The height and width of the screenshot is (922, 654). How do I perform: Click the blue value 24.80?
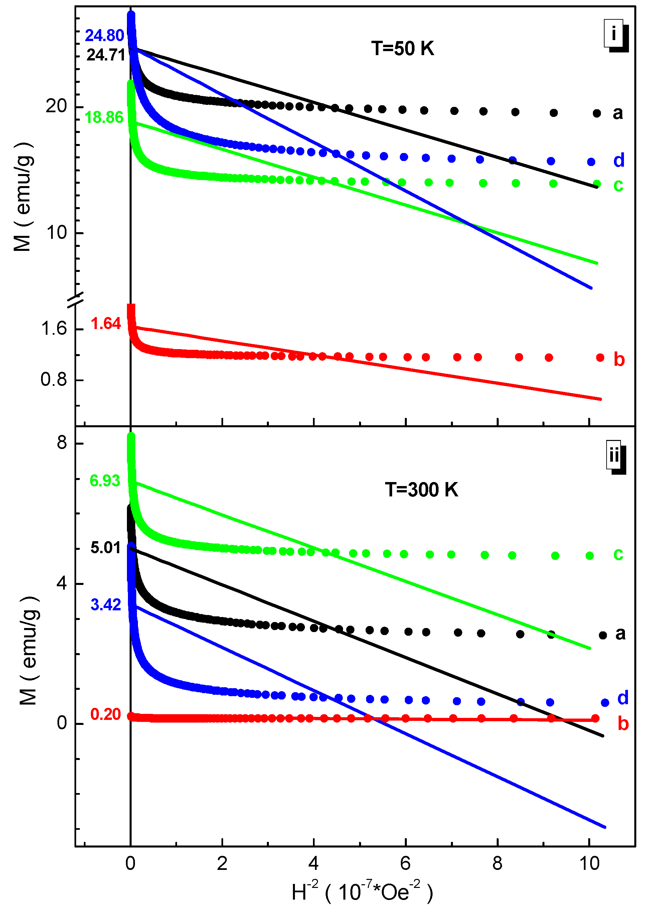pos(104,36)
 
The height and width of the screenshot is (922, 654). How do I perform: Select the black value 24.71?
pos(106,55)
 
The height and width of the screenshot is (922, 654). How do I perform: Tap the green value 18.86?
pos(104,118)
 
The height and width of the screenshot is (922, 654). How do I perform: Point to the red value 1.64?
pos(106,324)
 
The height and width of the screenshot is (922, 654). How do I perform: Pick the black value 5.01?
pos(106,548)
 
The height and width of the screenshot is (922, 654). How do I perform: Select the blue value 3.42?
pos(106,605)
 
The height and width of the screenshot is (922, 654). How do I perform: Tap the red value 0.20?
pos(106,714)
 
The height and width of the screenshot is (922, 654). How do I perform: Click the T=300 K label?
pos(421,490)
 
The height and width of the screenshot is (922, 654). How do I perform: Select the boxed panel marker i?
pos(614,33)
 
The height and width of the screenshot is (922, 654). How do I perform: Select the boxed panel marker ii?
pos(614,455)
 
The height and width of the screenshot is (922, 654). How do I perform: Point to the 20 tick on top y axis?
pos(56,106)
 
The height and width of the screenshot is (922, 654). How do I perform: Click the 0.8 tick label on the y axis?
pos(53,379)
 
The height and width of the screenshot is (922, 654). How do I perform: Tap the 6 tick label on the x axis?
pos(405,863)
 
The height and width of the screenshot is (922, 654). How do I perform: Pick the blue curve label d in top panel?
pos(619,160)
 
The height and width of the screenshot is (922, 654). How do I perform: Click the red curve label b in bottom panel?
pos(623,724)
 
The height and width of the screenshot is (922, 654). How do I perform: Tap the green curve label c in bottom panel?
pos(618,554)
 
